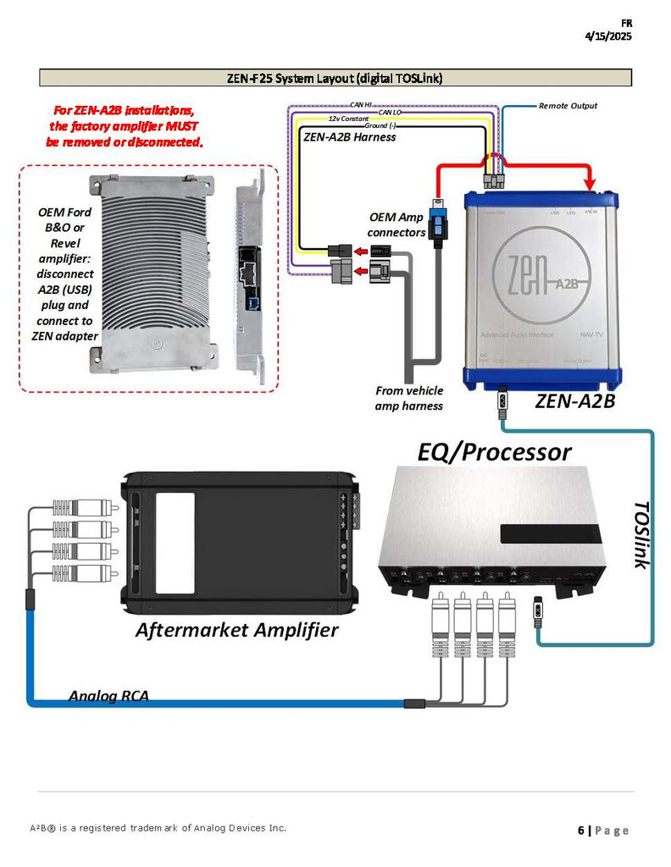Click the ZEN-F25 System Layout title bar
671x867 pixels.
[x=335, y=78]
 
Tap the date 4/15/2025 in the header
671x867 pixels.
[x=608, y=36]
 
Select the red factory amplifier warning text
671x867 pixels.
[x=125, y=126]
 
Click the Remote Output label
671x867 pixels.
[x=568, y=106]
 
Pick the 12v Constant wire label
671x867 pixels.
[x=348, y=119]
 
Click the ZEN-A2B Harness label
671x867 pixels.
[x=349, y=136]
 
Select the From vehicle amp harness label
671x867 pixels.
[x=409, y=398]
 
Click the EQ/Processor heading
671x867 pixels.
[x=494, y=451]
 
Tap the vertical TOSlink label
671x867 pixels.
[x=641, y=534]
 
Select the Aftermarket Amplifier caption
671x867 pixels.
[x=237, y=630]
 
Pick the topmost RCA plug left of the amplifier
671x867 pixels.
[x=85, y=508]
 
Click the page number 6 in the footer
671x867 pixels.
[x=581, y=831]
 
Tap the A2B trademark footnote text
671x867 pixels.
[x=158, y=827]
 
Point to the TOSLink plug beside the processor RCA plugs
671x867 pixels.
[x=540, y=611]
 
